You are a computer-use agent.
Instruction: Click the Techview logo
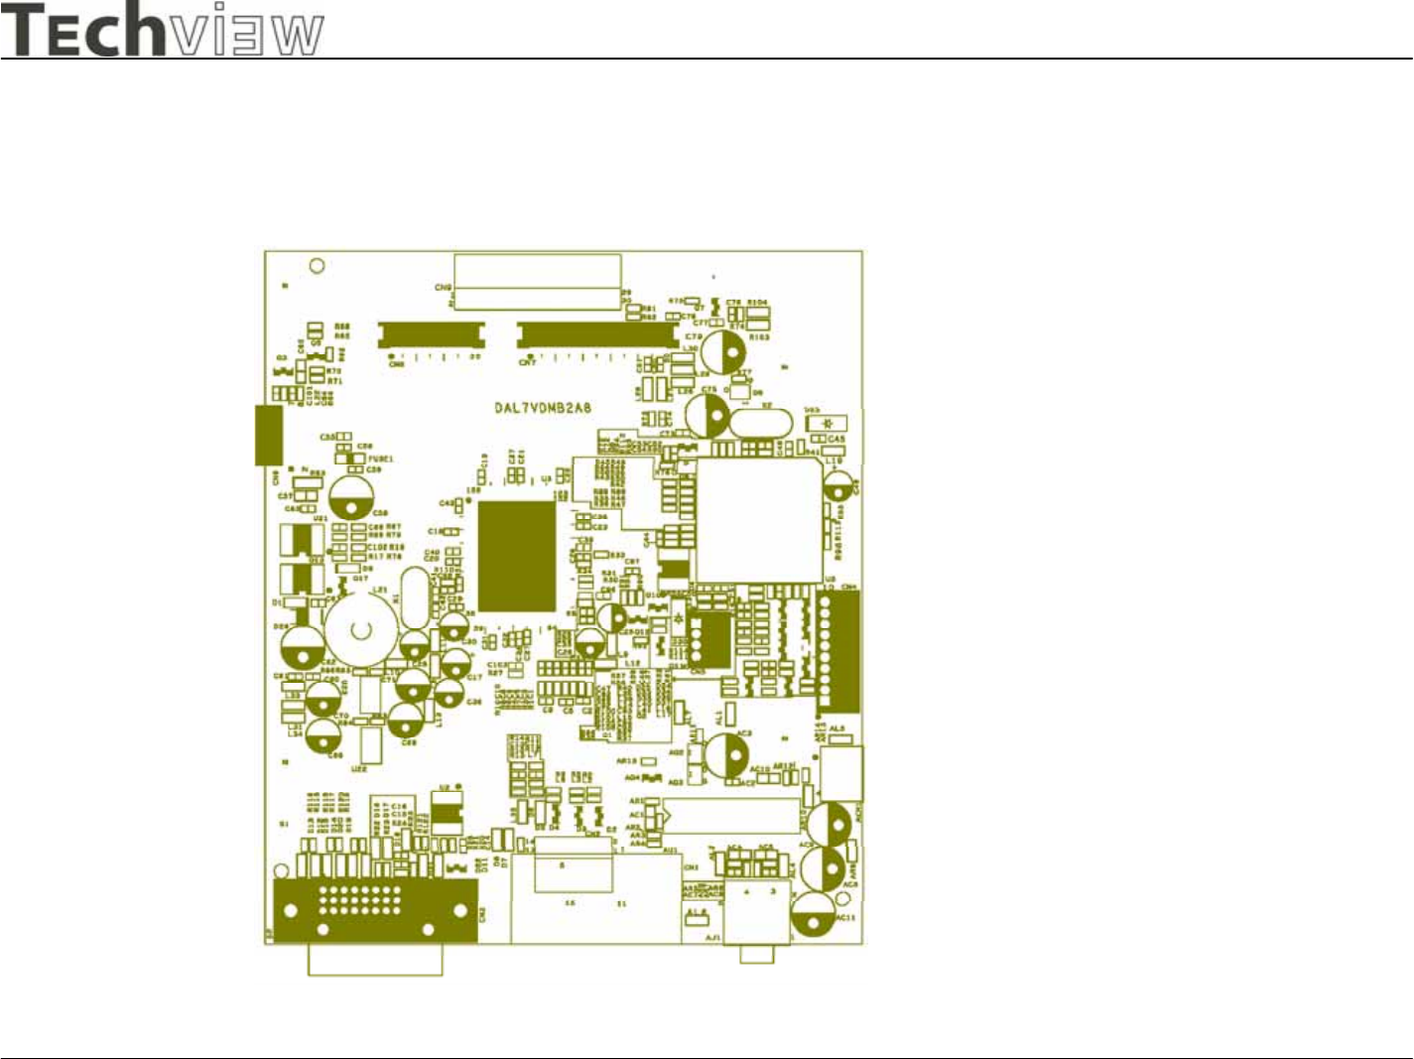pyautogui.click(x=164, y=30)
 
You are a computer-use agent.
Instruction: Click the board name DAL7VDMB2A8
pyautogui.click(x=543, y=408)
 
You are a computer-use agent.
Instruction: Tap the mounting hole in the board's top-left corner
pyautogui.click(x=318, y=266)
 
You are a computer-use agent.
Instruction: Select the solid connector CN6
pyautogui.click(x=429, y=334)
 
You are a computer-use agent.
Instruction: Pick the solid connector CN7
pyautogui.click(x=597, y=334)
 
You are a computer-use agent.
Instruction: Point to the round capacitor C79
pyautogui.click(x=724, y=351)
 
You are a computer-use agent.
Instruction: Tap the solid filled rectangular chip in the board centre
pyautogui.click(x=517, y=556)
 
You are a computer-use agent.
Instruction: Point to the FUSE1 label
pyautogui.click(x=381, y=459)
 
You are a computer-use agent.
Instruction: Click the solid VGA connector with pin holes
pyautogui.click(x=375, y=909)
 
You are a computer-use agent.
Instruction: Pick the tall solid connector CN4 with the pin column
pyautogui.click(x=839, y=652)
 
